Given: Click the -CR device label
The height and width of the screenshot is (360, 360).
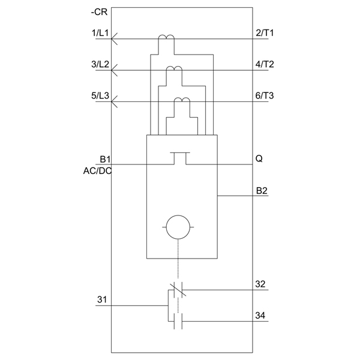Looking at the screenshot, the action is pyautogui.click(x=99, y=12).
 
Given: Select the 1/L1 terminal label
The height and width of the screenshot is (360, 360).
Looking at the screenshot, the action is pyautogui.click(x=100, y=33).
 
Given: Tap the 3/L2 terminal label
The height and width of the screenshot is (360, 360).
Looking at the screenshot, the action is pyautogui.click(x=100, y=64).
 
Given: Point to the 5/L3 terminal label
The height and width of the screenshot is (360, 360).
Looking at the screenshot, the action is pyautogui.click(x=100, y=95).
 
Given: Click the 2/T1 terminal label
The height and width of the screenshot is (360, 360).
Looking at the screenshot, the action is pyautogui.click(x=265, y=33).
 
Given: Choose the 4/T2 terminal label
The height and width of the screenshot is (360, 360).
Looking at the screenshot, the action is pyautogui.click(x=265, y=64).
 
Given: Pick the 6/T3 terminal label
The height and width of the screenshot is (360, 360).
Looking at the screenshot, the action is pyautogui.click(x=265, y=95).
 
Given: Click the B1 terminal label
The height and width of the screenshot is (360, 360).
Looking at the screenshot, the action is pyautogui.click(x=105, y=159).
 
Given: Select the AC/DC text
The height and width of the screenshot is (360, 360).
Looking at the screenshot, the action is pyautogui.click(x=97, y=171).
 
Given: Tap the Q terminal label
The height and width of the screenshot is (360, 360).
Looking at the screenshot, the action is pyautogui.click(x=259, y=158).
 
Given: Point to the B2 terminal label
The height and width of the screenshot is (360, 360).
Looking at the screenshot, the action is pyautogui.click(x=262, y=191).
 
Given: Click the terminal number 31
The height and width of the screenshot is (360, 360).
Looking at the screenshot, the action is pyautogui.click(x=102, y=299).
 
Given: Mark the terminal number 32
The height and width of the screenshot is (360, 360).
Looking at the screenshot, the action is pyautogui.click(x=260, y=284).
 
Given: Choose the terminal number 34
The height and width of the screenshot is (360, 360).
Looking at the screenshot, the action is pyautogui.click(x=260, y=316).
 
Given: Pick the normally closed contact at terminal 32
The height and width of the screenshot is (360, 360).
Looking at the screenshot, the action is pyautogui.click(x=178, y=290).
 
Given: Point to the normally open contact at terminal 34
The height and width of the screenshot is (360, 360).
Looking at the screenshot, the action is pyautogui.click(x=178, y=321).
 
